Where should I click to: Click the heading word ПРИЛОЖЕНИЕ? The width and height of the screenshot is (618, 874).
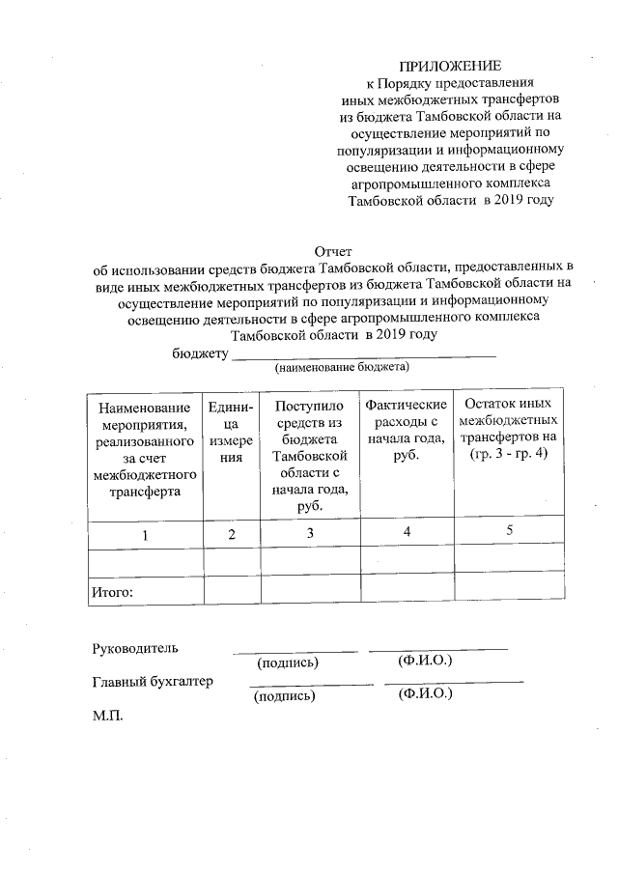[452, 67]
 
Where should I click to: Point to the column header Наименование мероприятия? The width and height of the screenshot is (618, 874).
[144, 449]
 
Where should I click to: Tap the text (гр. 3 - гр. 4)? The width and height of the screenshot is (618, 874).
[509, 454]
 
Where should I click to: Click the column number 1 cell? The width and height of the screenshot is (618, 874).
[145, 534]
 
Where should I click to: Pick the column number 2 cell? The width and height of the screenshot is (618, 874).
[231, 534]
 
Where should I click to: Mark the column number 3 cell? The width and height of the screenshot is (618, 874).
[309, 533]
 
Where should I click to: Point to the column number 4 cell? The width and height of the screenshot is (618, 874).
[406, 532]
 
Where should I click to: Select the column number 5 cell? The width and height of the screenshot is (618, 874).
[509, 531]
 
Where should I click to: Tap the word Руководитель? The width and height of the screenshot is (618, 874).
[134, 647]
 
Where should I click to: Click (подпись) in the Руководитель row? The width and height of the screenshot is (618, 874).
[287, 663]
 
